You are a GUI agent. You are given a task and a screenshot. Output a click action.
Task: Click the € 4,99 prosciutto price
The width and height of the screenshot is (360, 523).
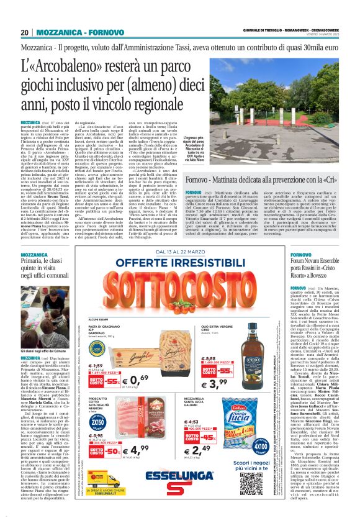137,450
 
